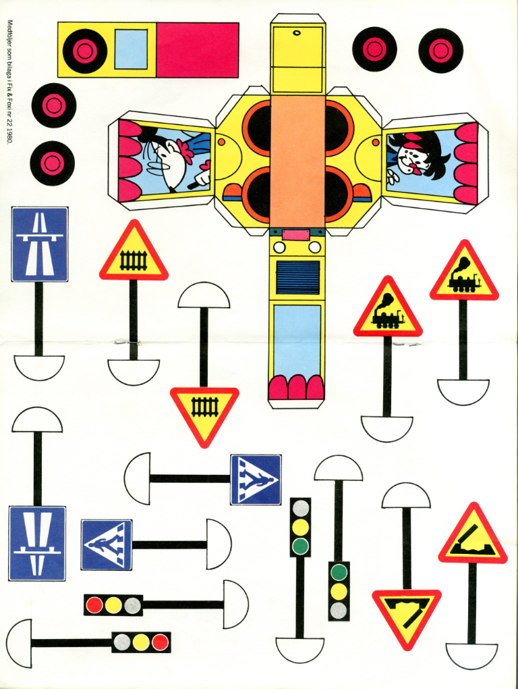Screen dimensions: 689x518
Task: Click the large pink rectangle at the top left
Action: (197, 49)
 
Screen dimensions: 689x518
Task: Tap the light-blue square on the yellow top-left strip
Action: (131, 49)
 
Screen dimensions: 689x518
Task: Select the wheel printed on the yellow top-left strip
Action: (85, 50)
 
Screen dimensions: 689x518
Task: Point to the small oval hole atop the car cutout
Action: (296, 32)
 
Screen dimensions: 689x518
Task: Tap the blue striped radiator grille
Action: (297, 277)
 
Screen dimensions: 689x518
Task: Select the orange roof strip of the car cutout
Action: (297, 159)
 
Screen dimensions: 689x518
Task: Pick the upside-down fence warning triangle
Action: (204, 409)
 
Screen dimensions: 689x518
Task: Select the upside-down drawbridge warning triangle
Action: (407, 612)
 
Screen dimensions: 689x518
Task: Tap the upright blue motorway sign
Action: (40, 244)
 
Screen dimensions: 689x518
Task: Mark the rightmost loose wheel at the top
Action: (440, 49)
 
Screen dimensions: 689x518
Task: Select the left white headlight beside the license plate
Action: (279, 247)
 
